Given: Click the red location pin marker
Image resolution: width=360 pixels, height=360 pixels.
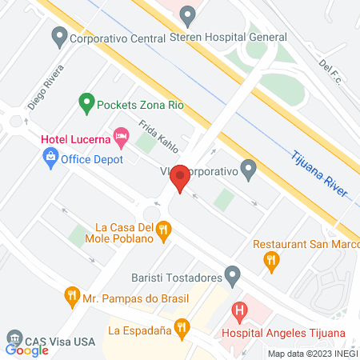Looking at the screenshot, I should coord(181,178).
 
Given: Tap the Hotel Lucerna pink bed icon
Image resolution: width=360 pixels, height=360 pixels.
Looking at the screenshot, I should coord(122,138).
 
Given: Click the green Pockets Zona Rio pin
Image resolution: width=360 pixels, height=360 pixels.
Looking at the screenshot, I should coord(85,102).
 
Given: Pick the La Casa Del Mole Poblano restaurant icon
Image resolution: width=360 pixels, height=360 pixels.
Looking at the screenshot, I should coord(163,231).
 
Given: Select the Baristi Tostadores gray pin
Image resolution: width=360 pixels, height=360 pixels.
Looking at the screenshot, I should coord(233,278).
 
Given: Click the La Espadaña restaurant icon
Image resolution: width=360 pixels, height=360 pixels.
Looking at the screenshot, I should coord(182,327).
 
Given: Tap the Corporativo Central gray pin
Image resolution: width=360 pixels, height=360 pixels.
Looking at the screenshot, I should coord(58,37).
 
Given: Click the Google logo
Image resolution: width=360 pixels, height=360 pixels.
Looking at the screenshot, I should coord(26,350).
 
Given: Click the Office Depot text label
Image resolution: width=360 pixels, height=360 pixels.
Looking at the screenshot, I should coord(94,159).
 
